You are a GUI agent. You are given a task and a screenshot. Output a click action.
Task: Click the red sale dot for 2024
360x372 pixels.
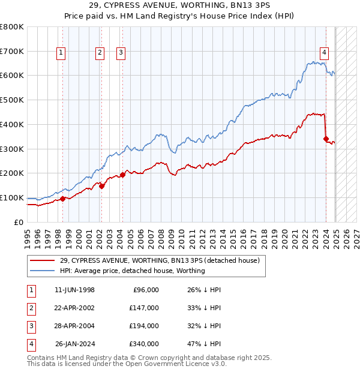coord(326,139)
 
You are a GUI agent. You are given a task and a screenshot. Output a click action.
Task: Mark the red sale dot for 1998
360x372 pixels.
coord(62,199)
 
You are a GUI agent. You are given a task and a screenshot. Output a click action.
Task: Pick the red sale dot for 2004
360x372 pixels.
coord(122,175)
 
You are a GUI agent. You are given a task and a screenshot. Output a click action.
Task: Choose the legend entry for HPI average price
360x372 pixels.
coord(132,271)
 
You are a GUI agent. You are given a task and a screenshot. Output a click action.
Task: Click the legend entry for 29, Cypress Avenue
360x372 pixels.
coord(159,261)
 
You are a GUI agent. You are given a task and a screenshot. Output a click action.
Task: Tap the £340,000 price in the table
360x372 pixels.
coord(143,344)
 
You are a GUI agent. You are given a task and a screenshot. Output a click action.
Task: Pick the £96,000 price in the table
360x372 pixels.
coord(145,290)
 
